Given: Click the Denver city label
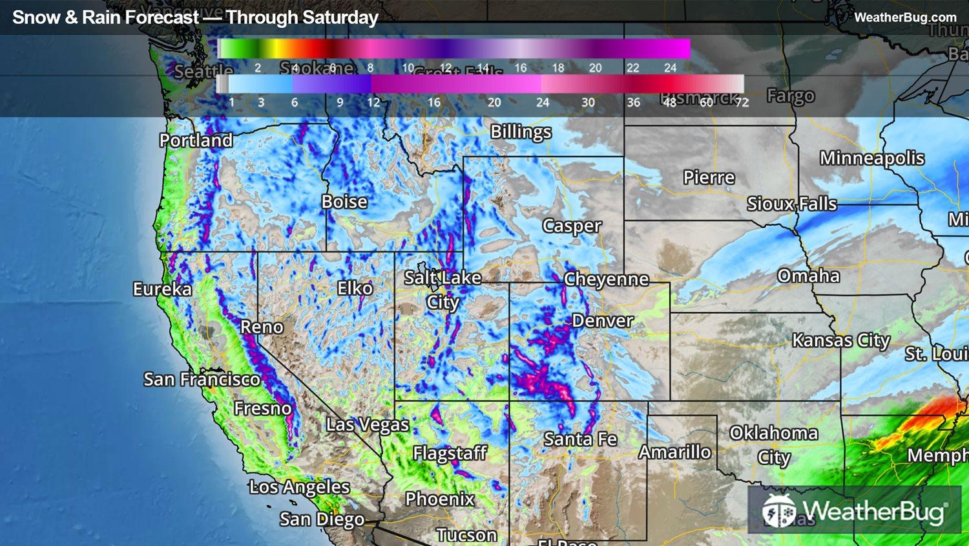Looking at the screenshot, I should coord(603,321).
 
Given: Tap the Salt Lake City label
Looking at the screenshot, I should coord(443,289).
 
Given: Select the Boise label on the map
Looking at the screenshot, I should coord(344,202).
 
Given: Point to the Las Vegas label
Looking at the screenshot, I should coord(368,425).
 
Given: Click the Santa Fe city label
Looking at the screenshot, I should coord(580,439).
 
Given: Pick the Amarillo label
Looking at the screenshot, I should coord(675,452).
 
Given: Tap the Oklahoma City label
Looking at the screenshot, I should coord(774,444).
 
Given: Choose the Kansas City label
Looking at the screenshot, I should coord(841,340).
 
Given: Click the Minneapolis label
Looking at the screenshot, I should coord(872,158).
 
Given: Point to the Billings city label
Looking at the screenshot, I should coord(521,132).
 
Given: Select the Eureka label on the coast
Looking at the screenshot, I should coord(162,289).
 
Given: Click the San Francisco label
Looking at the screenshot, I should coord(202,379).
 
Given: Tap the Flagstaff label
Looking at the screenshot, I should coord(450,453).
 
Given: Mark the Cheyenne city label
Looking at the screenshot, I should coord(606,279).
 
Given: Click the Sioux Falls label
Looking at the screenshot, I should coord(792,204).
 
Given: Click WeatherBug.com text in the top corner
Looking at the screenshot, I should coord(905,17).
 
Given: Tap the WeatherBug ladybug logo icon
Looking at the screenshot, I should coord(779,511).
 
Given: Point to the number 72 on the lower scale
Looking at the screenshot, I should coord(742,102).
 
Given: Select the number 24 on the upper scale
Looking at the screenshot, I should coord(671,68).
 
